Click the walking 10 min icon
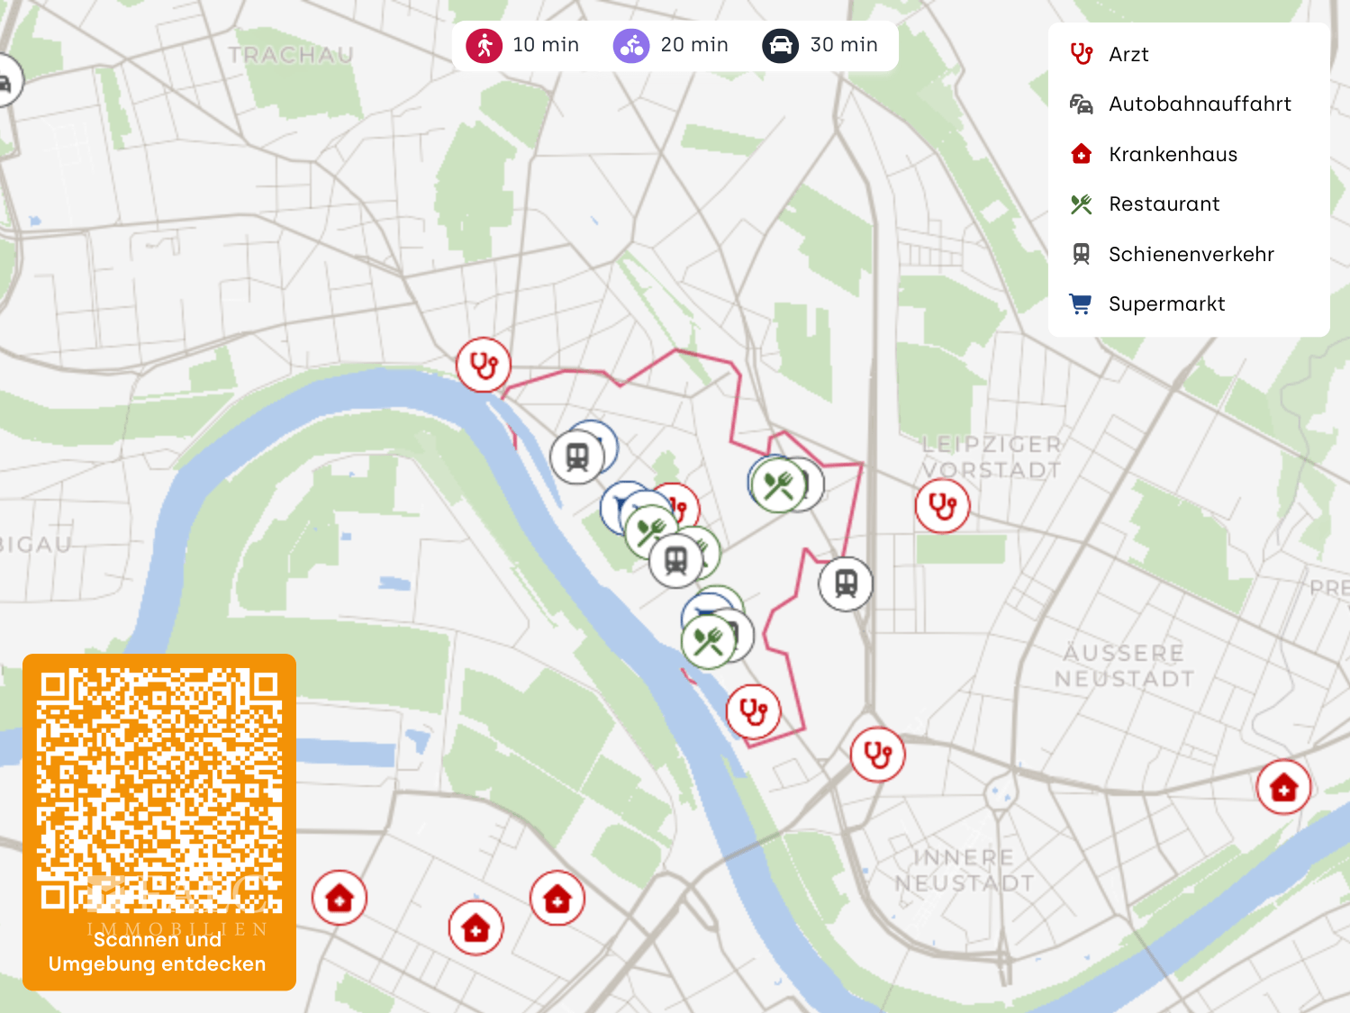pos(485,45)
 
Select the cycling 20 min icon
pos(631,45)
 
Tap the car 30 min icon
pos(780,45)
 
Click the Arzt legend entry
pos(1128,55)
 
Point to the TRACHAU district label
pos(291,56)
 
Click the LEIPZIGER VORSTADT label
pos(992,457)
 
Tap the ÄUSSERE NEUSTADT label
pos(1124,665)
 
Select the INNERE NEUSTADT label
pos(964,870)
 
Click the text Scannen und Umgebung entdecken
pos(158,952)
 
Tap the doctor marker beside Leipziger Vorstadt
pos(942,506)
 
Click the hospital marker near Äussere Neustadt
pos(1283,788)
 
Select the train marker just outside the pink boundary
pos(846,583)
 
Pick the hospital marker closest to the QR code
pos(340,898)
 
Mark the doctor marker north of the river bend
pos(484,366)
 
